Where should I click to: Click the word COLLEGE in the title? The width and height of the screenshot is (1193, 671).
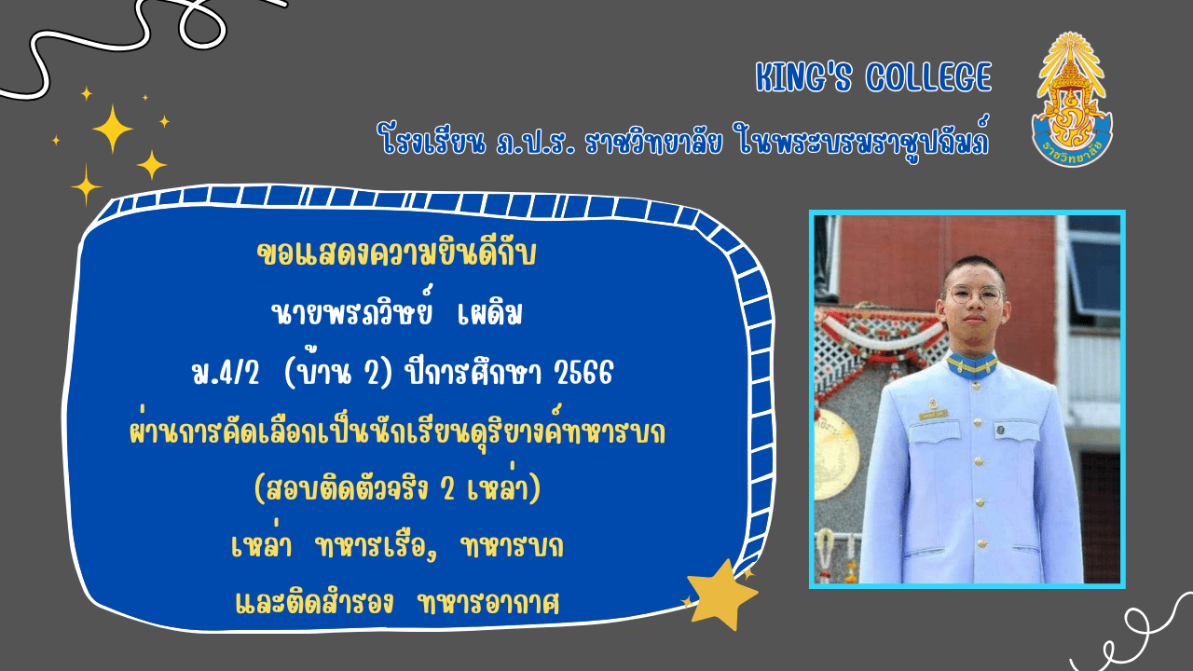[929, 76]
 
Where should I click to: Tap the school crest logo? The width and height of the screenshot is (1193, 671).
[1072, 99]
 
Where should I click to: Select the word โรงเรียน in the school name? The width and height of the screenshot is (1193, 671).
[432, 140]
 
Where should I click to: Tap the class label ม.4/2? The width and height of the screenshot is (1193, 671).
[226, 372]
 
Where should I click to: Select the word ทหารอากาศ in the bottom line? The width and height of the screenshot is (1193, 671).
[489, 604]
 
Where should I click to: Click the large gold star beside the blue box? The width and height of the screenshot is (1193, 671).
[721, 594]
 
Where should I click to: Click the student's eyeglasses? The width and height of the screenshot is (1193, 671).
[975, 294]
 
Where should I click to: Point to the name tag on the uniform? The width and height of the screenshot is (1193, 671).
[933, 414]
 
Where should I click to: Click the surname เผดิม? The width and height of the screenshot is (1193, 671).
[490, 313]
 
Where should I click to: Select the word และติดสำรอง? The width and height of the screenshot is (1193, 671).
[314, 602]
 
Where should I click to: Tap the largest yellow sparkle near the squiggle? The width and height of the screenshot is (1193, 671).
[113, 129]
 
